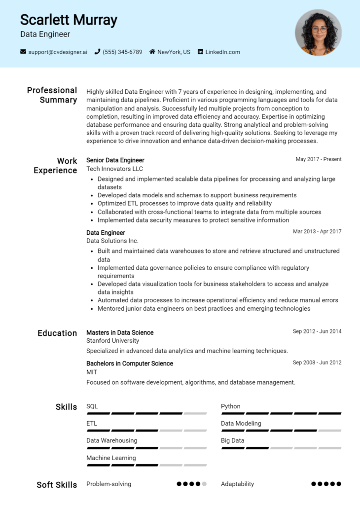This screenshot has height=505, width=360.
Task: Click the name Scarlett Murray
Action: pos(69,20)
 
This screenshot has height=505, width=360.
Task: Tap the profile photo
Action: pos(318,32)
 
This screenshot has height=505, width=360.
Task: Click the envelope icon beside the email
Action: pos(23,52)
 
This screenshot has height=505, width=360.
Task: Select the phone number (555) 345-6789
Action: pos(122,52)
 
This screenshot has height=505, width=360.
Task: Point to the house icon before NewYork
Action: pos(152,52)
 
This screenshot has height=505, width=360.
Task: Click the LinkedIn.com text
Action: pos(222,52)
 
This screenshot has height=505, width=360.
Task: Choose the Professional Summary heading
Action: pos(52,95)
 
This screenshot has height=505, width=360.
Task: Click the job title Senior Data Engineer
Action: pos(115,160)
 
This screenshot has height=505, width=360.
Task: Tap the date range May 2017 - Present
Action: pos(318,159)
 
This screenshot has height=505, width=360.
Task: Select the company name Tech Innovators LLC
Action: pos(114,169)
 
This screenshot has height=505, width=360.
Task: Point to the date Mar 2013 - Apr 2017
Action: pos(317,231)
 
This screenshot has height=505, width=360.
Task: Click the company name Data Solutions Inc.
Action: pos(112,241)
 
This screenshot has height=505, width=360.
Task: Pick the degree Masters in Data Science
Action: pos(120,332)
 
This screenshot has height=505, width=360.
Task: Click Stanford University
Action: pos(112,341)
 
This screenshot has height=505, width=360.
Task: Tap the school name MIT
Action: pos(92,372)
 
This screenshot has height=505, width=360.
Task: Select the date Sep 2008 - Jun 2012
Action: pos(317,362)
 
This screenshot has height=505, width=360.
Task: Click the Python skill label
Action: pos(230,406)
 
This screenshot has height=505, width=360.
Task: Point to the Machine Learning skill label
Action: pos(111,458)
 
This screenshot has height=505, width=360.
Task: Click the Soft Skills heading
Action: pos(57,485)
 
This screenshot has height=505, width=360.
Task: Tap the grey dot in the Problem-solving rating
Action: pos(204,484)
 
